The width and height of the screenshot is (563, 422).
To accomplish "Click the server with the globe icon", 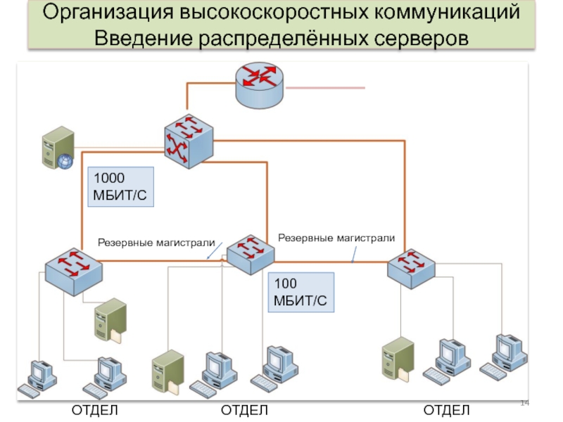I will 56,148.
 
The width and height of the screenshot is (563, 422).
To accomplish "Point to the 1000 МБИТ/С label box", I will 120,187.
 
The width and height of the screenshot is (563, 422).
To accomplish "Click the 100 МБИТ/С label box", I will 301,293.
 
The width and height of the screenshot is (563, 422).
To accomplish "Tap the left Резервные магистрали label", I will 156,243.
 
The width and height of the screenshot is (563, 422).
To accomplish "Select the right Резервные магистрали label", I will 336,238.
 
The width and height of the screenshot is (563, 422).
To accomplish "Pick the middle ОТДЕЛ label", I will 244,410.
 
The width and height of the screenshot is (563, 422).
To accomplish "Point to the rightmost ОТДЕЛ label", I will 446,410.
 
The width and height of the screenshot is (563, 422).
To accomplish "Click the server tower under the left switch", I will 110,321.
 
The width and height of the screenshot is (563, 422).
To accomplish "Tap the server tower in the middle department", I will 167,372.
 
